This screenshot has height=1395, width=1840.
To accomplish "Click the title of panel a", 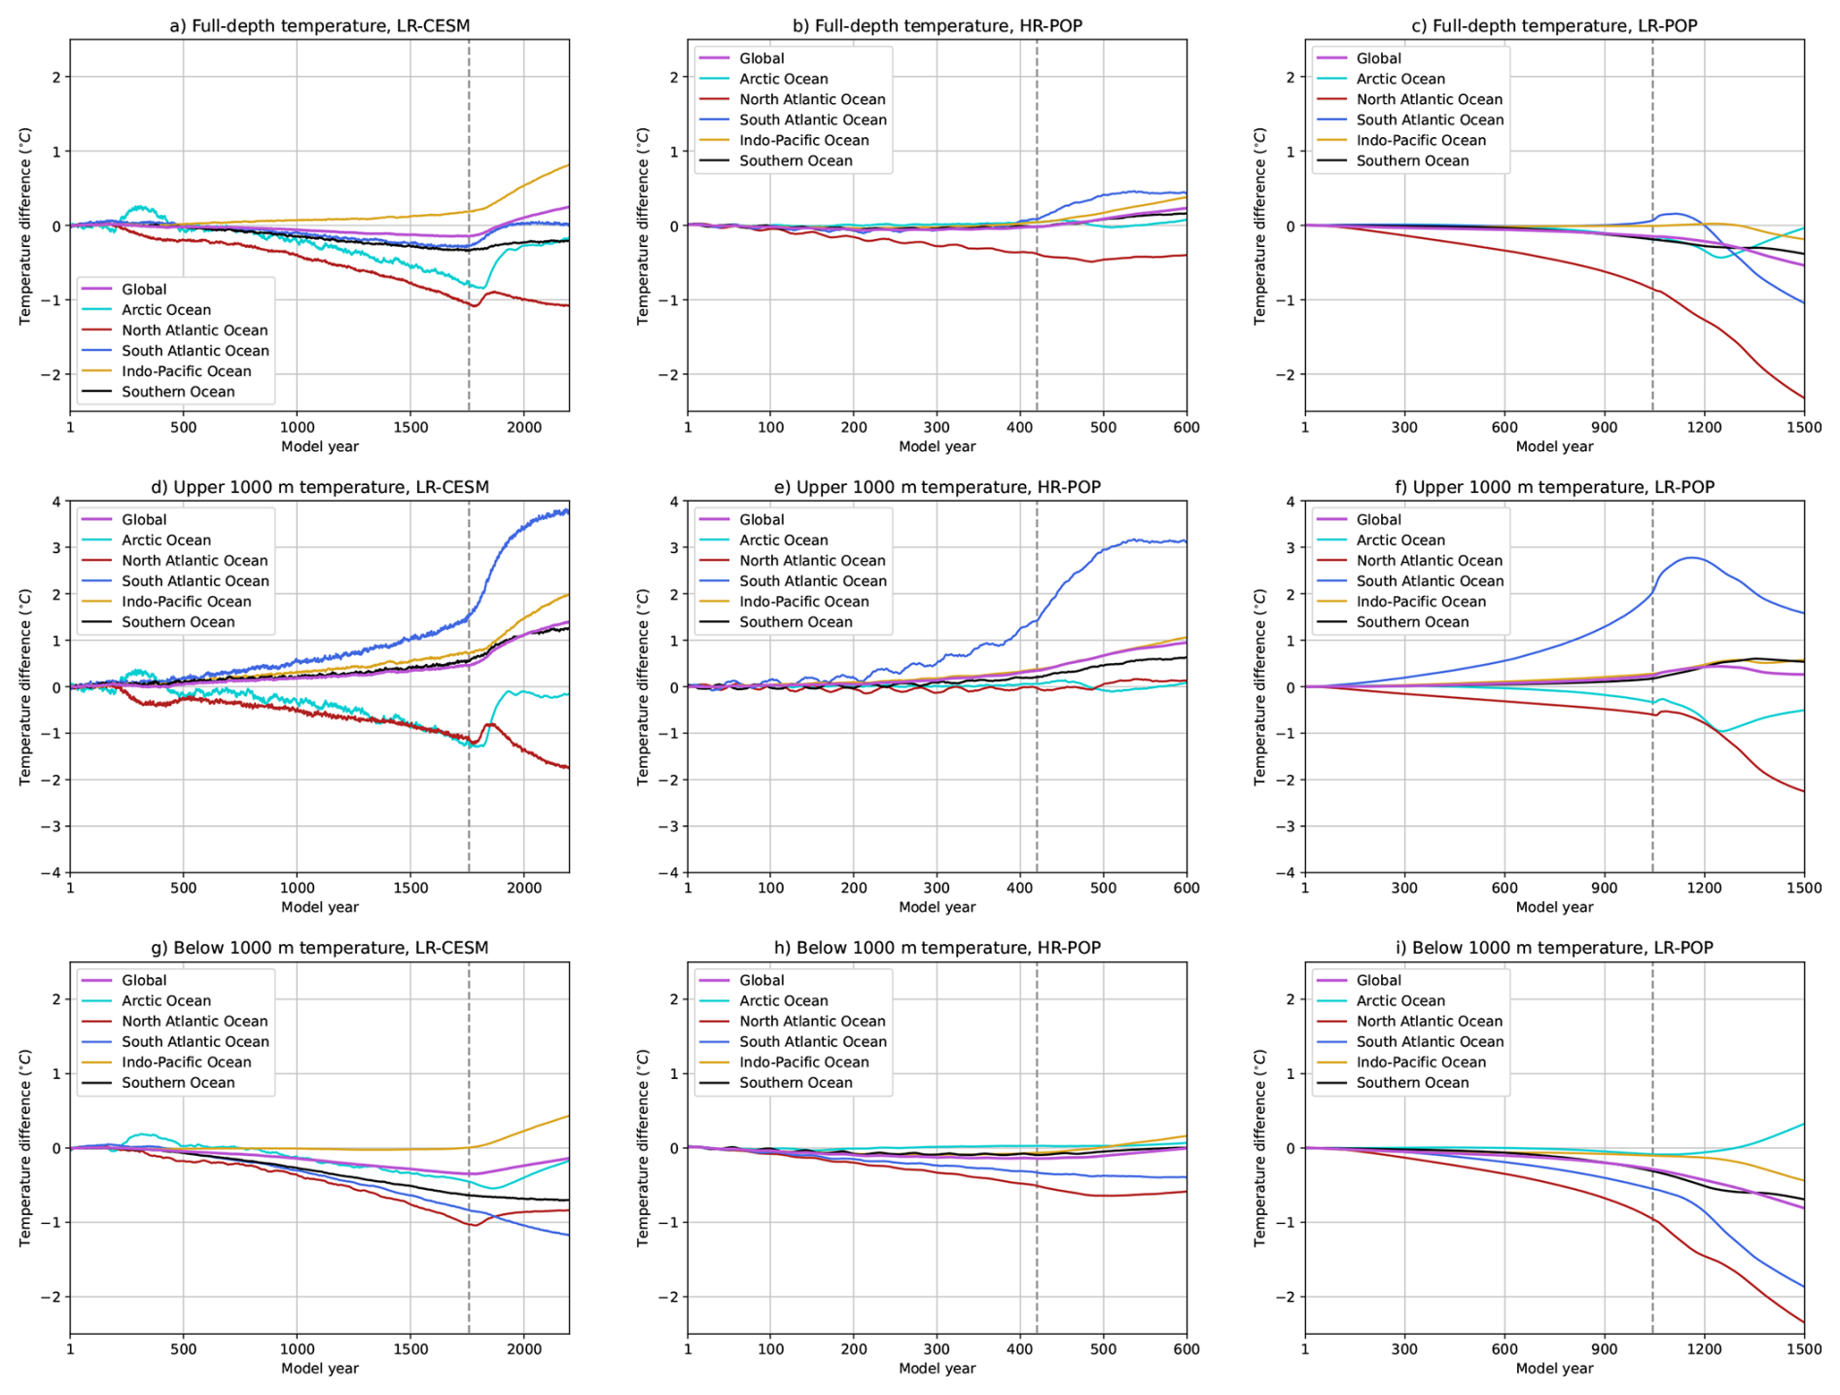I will point(319,26).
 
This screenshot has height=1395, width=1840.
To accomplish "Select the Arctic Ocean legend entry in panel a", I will point(165,310).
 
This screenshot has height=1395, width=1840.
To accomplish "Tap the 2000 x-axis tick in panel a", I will point(524,427).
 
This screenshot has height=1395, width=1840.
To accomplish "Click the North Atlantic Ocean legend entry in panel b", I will point(812,99).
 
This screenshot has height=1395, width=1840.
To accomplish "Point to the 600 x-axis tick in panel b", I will point(1186,427).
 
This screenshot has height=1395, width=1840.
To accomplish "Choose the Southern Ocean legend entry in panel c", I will point(1412,160).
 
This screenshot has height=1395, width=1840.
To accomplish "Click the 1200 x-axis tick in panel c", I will point(1704,427).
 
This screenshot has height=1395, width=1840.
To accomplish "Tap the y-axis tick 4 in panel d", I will point(56,502).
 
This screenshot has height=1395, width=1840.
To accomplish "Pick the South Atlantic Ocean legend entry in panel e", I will point(813,581).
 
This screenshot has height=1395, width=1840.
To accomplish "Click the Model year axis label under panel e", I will point(937,907).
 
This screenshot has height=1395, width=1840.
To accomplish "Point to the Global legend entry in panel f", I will point(1379,519).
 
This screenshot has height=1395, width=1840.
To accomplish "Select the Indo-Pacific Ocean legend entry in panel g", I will point(187,1063).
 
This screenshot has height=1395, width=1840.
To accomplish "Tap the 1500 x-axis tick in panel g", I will point(410,1348).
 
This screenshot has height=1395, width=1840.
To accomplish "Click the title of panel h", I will point(937,948).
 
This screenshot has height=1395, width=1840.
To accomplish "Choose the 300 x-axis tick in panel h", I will point(937,1348).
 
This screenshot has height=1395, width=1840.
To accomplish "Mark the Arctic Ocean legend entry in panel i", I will point(1400,1000).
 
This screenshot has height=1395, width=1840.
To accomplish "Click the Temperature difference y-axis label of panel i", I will point(1260,1147).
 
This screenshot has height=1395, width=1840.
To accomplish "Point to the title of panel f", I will point(1554,487).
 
